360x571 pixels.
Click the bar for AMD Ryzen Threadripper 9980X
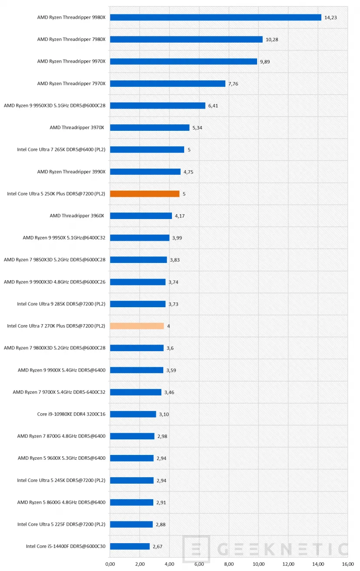tap(215, 17)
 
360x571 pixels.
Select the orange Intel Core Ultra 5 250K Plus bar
tap(145, 194)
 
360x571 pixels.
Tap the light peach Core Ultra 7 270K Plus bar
tap(137, 326)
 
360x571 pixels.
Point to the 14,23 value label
tap(330, 17)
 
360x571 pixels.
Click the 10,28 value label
tap(272, 40)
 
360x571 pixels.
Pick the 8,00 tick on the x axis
tap(229, 564)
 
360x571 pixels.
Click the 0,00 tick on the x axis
tap(110, 564)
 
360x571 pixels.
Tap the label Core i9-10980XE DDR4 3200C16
tap(71, 414)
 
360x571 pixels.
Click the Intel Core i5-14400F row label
tap(66, 546)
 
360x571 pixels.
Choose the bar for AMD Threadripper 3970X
tap(150, 128)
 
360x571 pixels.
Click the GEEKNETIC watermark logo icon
tap(196, 549)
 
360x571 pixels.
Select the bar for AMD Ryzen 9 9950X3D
tap(158, 106)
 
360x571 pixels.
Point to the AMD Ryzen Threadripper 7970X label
tap(71, 83)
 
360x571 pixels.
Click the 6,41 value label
tap(213, 106)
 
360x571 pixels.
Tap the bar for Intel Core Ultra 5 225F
tap(131, 525)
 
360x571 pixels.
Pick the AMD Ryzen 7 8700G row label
tap(61, 436)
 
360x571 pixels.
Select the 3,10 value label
tap(164, 415)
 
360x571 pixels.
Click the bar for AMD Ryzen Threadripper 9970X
tap(183, 62)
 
